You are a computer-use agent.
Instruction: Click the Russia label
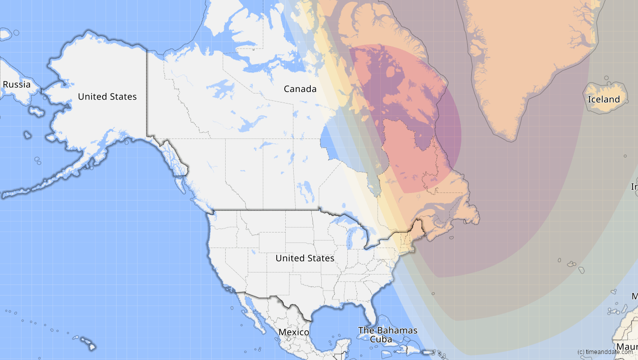(x=17, y=84)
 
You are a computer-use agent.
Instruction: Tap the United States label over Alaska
(x=107, y=96)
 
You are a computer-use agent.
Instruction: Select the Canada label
(x=300, y=89)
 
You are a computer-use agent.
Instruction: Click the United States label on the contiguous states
(x=304, y=258)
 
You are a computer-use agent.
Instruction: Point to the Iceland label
(x=603, y=99)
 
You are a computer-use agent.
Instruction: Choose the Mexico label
(x=294, y=332)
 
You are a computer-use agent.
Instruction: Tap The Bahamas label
(x=387, y=330)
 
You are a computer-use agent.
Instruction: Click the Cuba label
(x=381, y=339)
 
